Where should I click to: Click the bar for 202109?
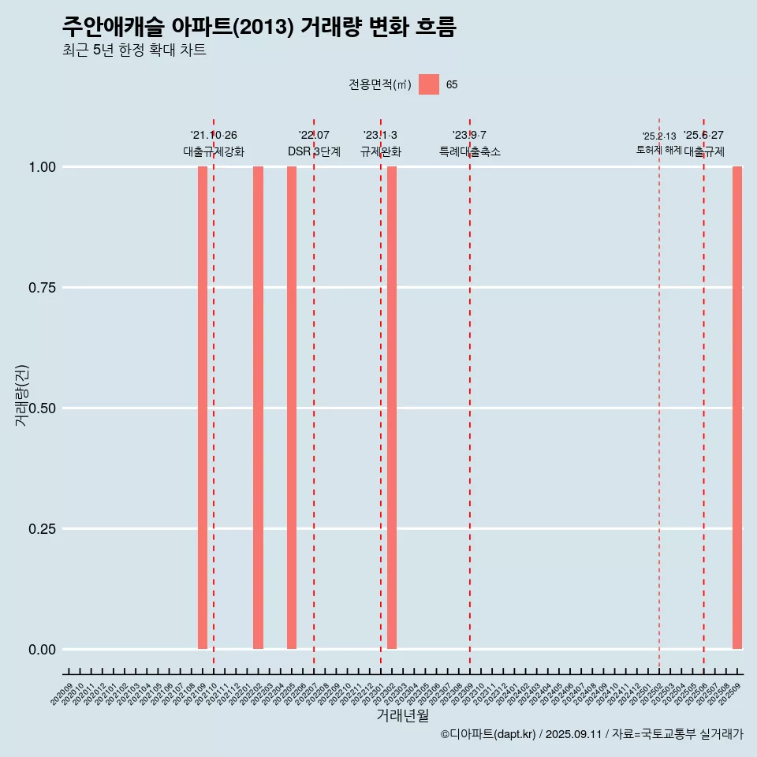[x=203, y=408]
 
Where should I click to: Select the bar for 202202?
[x=258, y=408]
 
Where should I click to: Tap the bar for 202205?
[x=292, y=408]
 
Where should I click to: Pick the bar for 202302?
[x=392, y=408]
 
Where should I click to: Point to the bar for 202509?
[x=737, y=408]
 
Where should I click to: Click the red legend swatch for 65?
[x=429, y=84]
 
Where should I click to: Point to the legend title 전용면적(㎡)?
[x=380, y=85]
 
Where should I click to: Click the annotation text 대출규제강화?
[x=214, y=151]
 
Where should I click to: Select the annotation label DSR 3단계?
[x=314, y=151]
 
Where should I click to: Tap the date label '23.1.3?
[x=380, y=136]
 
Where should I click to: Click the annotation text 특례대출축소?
[x=470, y=151]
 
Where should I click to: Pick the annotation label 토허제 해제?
[x=659, y=150]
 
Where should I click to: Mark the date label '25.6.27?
[x=703, y=136]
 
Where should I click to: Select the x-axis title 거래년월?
[x=402, y=715]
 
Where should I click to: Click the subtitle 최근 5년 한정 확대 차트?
[x=134, y=50]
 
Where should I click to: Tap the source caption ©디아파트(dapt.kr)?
[x=488, y=734]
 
